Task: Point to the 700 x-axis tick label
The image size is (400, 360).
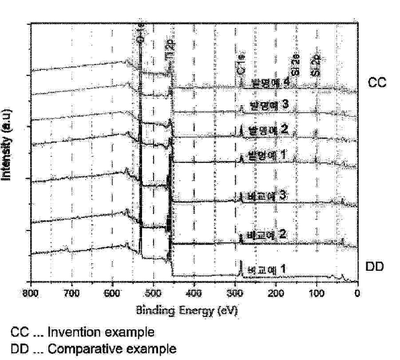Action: (71, 293)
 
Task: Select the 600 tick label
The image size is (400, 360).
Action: (112, 293)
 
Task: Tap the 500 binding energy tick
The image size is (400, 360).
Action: (153, 293)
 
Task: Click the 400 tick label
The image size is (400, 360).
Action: (194, 293)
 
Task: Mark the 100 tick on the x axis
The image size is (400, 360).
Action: (317, 293)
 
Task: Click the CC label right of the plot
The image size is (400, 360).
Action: (377, 82)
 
